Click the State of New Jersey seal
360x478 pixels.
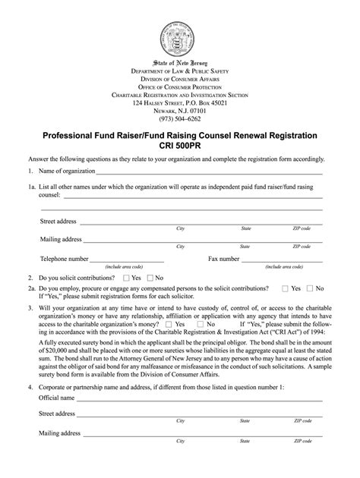(x=179, y=33)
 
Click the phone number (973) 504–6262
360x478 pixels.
(x=180, y=118)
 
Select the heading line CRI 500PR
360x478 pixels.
(x=180, y=146)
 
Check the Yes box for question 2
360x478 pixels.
(x=126, y=278)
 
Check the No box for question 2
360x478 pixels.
(x=150, y=278)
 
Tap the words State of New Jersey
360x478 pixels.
(x=180, y=61)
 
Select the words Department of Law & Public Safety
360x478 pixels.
(x=180, y=70)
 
